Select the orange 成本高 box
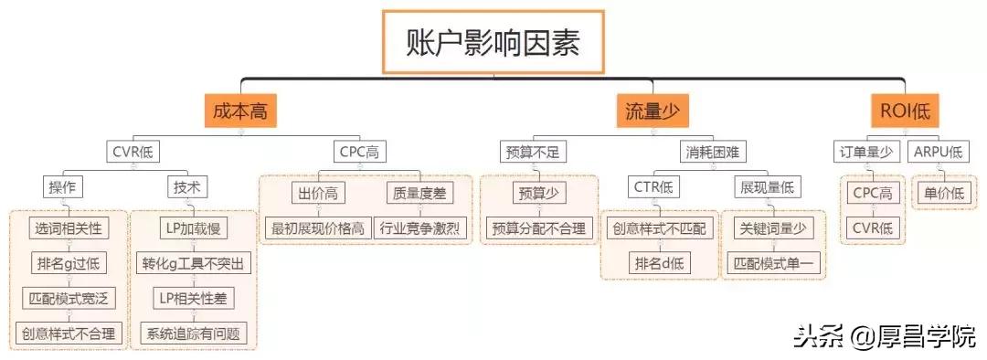coord(239,112)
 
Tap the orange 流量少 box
coord(652,112)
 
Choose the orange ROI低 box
coord(904,112)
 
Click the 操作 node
coord(61,188)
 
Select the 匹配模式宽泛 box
coord(69,299)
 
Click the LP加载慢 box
coord(193,228)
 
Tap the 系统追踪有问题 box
coord(193,334)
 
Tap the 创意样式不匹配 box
coord(659,228)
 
